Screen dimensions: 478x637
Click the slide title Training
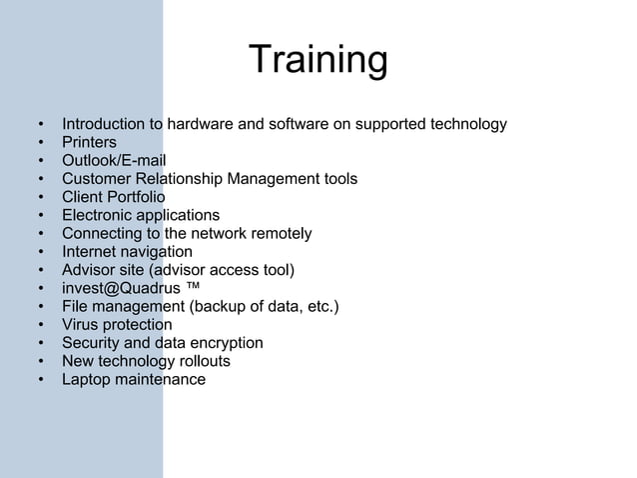click(318, 61)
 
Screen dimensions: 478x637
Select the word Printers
click(89, 143)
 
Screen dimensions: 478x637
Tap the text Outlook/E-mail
click(114, 161)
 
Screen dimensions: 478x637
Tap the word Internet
click(91, 252)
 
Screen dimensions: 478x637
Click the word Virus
click(81, 324)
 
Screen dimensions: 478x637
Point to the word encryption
click(225, 343)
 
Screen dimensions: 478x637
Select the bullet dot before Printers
click(41, 143)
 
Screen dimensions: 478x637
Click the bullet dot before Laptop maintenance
click(41, 380)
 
